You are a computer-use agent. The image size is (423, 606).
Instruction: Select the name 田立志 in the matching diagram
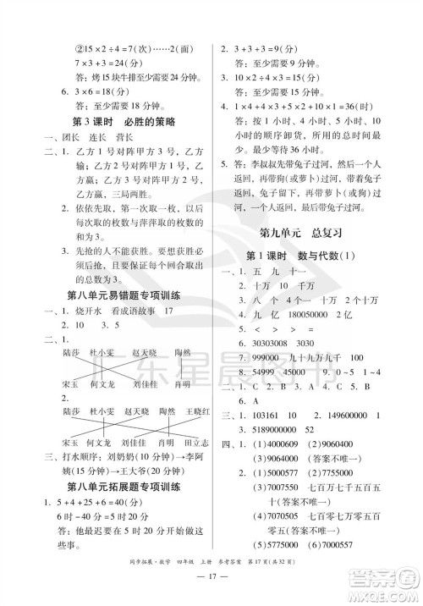point(195,443)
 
